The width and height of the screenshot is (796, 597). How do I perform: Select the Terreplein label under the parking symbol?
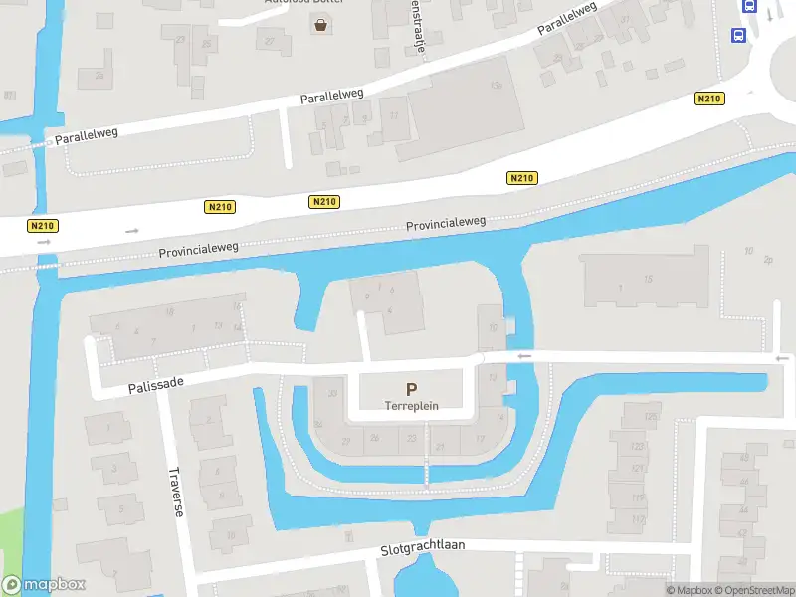click(x=411, y=406)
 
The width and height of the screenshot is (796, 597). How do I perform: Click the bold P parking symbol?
click(x=411, y=389)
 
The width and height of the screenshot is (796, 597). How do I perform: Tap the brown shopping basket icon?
click(x=321, y=26)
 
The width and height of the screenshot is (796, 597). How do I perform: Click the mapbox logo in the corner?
click(x=44, y=585)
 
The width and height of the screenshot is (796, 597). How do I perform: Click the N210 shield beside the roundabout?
click(x=709, y=99)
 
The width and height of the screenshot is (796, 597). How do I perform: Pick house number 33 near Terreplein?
click(x=332, y=394)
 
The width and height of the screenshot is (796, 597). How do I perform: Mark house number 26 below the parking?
click(x=375, y=438)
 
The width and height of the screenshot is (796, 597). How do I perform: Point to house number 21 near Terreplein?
click(x=440, y=447)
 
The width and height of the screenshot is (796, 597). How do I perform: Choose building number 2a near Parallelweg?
click(x=98, y=74)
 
